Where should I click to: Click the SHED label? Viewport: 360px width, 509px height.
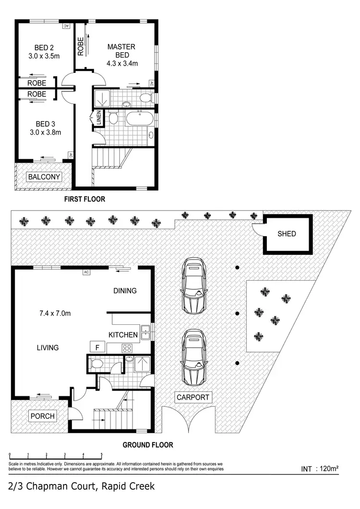coord(287,234)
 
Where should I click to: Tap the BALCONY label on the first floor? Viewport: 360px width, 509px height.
coord(44,177)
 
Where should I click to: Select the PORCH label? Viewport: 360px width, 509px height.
coord(42,415)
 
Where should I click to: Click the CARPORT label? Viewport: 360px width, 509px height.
coord(192,397)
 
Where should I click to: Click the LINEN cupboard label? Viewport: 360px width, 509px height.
coord(98,118)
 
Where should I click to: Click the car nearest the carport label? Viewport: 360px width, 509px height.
coord(195,356)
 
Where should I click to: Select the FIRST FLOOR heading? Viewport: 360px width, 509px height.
coord(84,199)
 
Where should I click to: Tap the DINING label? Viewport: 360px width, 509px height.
coord(125,291)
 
